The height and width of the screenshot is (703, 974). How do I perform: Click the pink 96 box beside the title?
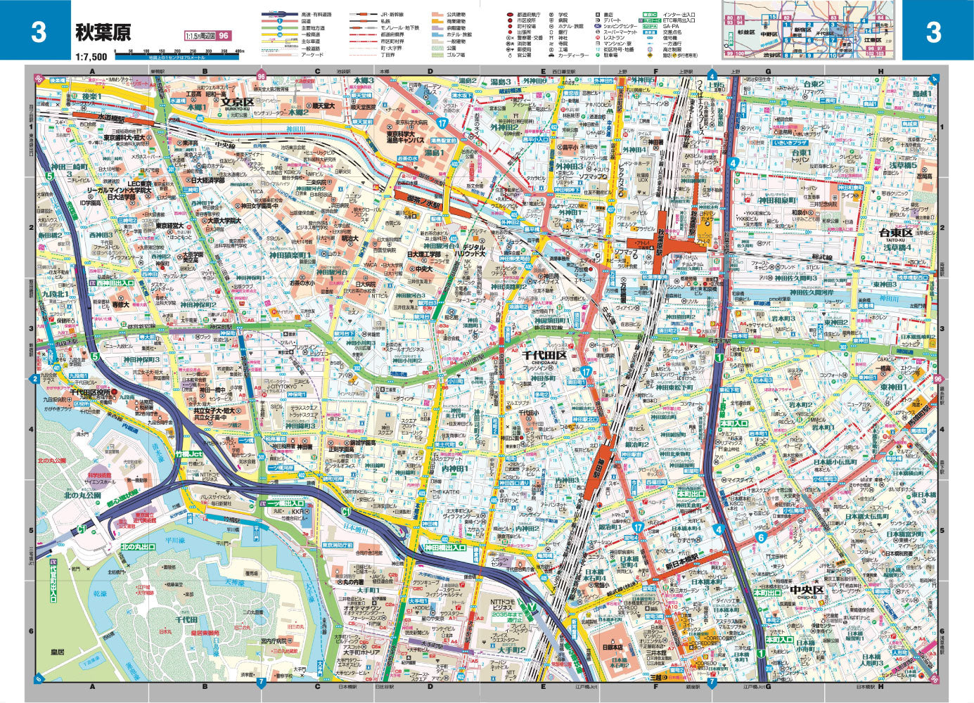pyautogui.click(x=224, y=36)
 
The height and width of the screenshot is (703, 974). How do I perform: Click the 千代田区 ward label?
pyautogui.click(x=544, y=356)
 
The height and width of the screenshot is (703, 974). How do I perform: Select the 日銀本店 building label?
pyautogui.click(x=613, y=647)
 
